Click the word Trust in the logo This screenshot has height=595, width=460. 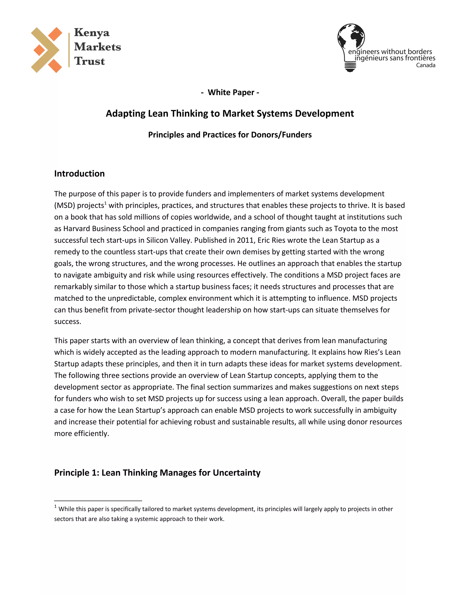[89, 61]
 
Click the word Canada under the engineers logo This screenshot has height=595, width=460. [425, 65]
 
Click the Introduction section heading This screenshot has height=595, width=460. [79, 174]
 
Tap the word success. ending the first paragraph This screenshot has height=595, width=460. [68, 322]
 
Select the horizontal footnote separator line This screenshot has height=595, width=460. [98, 501]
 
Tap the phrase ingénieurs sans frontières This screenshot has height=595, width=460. [395, 58]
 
